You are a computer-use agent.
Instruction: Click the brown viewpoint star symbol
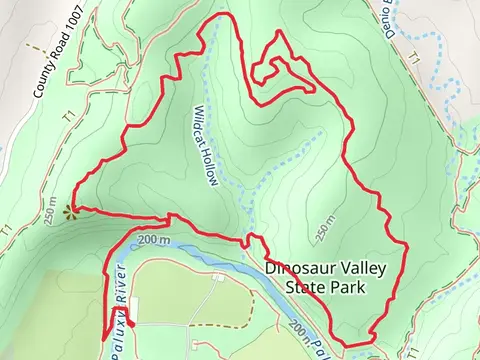click(x=70, y=211)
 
